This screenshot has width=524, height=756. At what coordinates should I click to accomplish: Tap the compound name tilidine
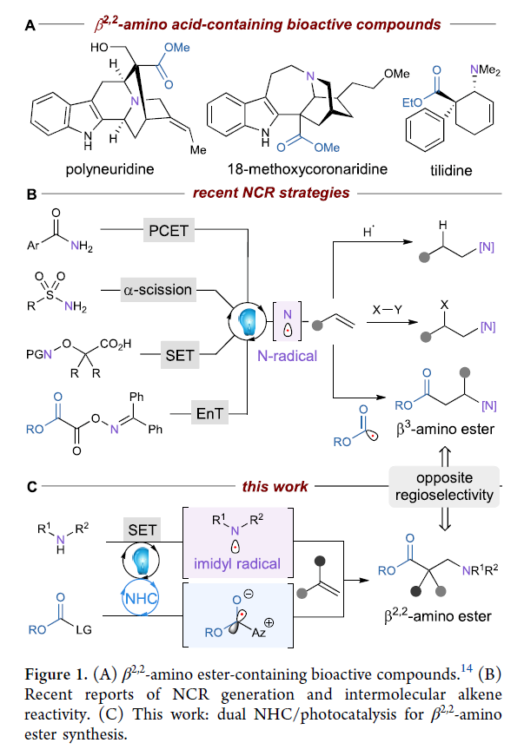[x=451, y=171]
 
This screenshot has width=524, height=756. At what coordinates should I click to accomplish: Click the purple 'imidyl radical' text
[x=245, y=564]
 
